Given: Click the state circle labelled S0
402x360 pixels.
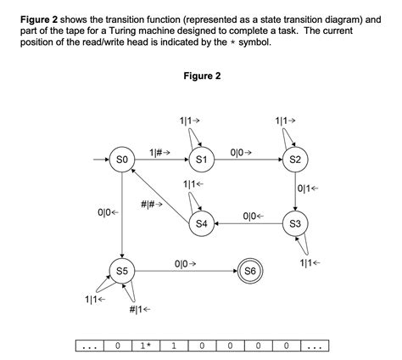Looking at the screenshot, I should tap(122, 160).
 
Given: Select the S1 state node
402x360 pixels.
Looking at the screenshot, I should tap(202, 160).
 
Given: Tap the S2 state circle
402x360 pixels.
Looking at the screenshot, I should tap(294, 160).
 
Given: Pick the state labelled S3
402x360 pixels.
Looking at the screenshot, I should tap(294, 224).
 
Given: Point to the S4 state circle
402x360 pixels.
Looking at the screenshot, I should tap(202, 224).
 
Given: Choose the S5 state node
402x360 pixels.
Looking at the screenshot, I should tap(122, 272).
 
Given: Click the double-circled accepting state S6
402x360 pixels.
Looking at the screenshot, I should tap(249, 272).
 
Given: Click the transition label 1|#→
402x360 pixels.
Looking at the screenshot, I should tap(160, 152).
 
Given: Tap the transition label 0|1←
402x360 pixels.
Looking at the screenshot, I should tap(310, 188).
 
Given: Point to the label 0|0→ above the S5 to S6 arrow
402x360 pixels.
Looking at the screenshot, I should tap(185, 264).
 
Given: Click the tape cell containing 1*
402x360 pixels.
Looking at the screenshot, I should tap(145, 346).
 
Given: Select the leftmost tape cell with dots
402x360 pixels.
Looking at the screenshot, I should tap(88, 346).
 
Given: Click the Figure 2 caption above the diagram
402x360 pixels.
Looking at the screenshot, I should tap(202, 76).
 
